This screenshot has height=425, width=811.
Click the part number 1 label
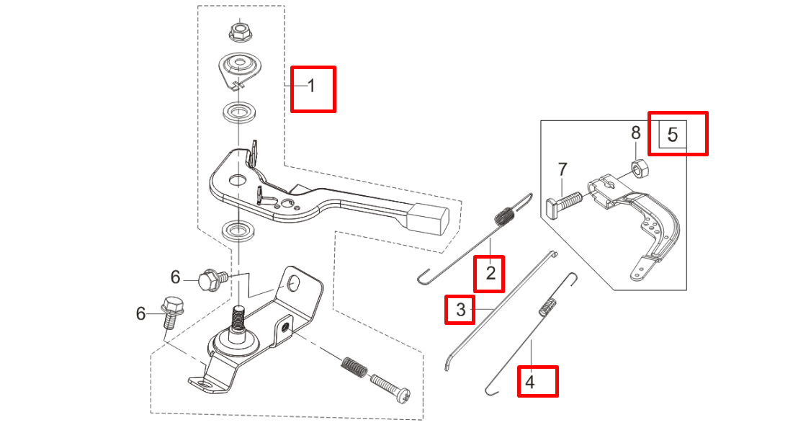[x=312, y=86]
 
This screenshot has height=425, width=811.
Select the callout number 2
[x=490, y=273]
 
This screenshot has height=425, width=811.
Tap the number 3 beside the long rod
[x=461, y=310]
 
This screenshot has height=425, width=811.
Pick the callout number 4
[x=530, y=382]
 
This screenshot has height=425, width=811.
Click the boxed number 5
[x=673, y=135]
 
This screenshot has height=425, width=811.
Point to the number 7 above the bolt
[x=563, y=170]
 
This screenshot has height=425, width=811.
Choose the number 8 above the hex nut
[x=635, y=133]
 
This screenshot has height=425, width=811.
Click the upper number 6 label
[x=175, y=277]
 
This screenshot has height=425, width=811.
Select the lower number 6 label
[x=141, y=313]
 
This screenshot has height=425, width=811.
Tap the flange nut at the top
[x=238, y=32]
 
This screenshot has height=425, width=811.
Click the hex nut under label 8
[x=639, y=169]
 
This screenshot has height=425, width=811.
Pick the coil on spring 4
[x=549, y=305]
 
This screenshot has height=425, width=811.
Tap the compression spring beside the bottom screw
[x=354, y=367]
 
